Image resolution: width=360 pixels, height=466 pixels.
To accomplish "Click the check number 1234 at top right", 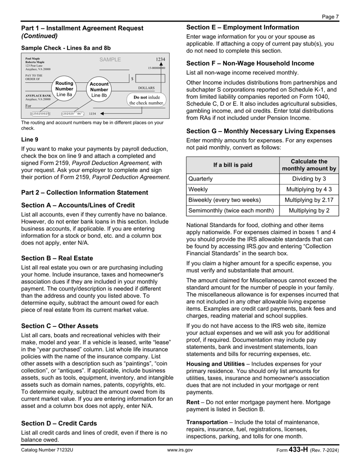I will tap(160, 59).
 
